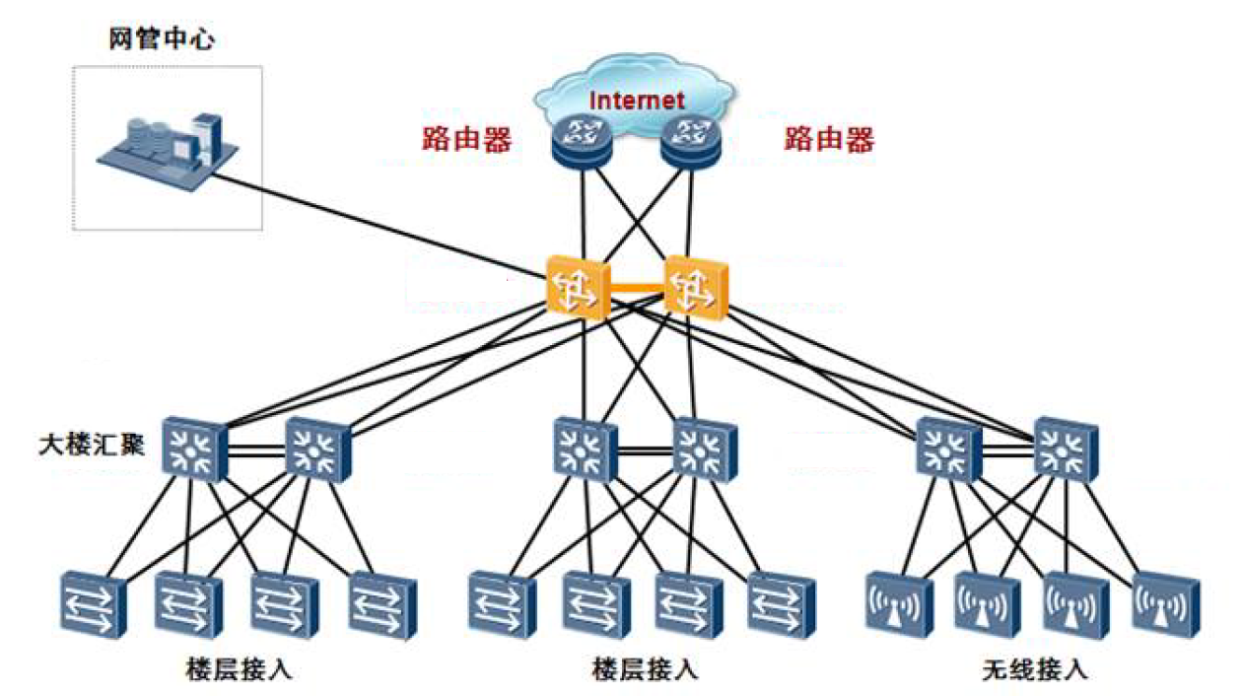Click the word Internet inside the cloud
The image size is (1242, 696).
(636, 100)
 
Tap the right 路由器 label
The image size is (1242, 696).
(829, 139)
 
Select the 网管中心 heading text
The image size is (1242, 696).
(162, 40)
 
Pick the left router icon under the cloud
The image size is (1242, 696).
(580, 141)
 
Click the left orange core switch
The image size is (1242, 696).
(577, 287)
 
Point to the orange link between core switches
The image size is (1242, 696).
(637, 288)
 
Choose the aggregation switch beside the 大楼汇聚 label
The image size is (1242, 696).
(195, 450)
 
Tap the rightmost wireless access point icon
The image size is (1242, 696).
(1165, 602)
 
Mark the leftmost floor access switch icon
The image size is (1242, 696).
(94, 602)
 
